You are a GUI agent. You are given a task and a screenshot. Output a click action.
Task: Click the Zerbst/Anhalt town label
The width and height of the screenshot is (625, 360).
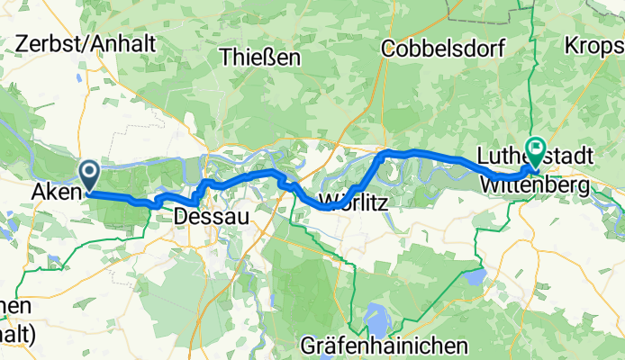tap(86, 43)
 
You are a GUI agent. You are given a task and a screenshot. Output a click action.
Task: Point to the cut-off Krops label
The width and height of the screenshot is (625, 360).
tap(594, 44)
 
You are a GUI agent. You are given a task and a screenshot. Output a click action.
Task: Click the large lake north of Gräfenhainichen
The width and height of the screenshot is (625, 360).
tap(376, 317)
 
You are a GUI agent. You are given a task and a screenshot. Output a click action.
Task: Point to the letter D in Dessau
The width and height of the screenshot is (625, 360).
tap(180, 216)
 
